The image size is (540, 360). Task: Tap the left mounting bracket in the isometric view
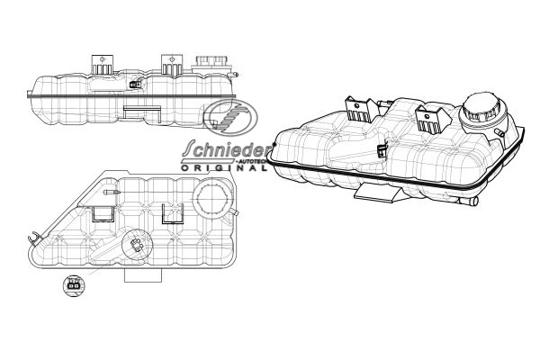pyautogui.click(x=361, y=109)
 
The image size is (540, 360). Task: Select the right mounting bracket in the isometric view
pyautogui.click(x=433, y=121)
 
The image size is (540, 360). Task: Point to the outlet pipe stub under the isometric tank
pyautogui.click(x=470, y=202)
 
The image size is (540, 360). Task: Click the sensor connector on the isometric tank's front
pyautogui.click(x=382, y=151)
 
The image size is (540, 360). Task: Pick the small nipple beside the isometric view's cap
pyautogui.click(x=499, y=133)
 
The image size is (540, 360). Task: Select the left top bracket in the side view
pyautogui.click(x=103, y=64)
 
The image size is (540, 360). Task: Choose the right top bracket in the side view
pyautogui.click(x=172, y=65)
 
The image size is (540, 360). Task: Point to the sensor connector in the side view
pyautogui.click(x=135, y=84)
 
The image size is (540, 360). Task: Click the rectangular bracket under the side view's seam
pyautogui.click(x=142, y=113)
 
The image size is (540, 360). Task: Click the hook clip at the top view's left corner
pyautogui.click(x=33, y=238)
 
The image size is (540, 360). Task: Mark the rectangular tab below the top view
pyautogui.click(x=143, y=275)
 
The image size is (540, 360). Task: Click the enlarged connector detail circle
pyautogui.click(x=74, y=285)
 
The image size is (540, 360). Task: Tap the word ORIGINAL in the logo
pyautogui.click(x=224, y=168)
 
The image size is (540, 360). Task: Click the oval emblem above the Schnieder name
pyautogui.click(x=230, y=117)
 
